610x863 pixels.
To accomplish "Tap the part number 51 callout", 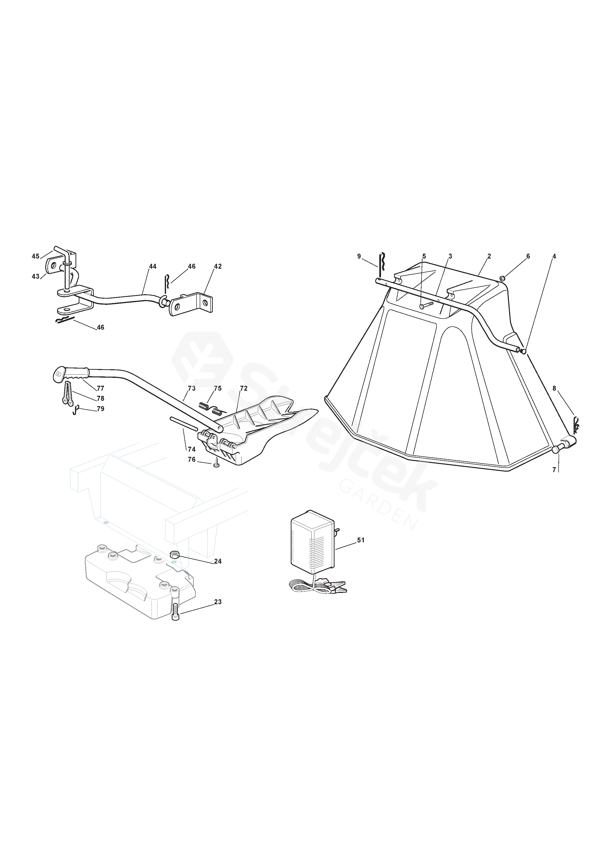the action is [361, 540].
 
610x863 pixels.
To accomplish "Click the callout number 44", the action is [152, 266].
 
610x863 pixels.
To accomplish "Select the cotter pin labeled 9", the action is [381, 265].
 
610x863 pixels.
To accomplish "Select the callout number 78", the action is [100, 399].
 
